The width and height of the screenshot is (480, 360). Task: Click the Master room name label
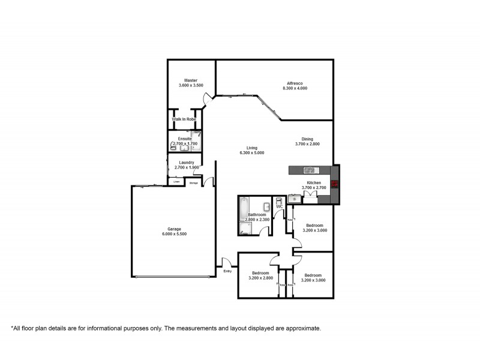191,80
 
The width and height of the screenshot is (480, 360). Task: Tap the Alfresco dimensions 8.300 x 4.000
295,88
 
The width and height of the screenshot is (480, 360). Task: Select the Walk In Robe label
184,119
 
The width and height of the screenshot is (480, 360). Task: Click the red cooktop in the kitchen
335,185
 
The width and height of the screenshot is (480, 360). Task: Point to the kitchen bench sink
310,170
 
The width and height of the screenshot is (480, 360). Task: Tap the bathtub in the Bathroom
242,209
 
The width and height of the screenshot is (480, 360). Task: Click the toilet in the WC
279,202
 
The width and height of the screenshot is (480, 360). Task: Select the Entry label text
227,272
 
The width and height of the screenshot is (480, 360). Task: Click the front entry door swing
227,262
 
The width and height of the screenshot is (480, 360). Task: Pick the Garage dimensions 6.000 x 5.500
174,234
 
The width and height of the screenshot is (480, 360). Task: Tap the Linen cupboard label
176,182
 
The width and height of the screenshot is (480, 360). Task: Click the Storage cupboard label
193,182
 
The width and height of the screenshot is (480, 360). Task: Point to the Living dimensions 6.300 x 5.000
251,153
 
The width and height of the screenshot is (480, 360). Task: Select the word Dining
307,139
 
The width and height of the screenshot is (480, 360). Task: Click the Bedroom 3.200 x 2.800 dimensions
260,278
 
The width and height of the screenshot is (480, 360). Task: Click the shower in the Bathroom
247,228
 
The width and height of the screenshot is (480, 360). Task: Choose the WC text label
279,208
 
